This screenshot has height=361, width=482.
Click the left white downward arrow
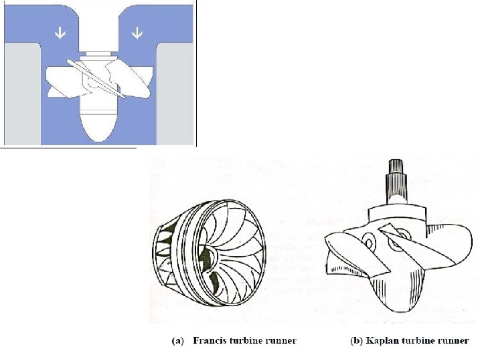(x=60, y=32)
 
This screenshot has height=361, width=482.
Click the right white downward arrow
(x=137, y=32)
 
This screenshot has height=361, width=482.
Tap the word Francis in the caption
(x=210, y=340)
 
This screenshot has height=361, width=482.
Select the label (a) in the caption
(x=177, y=341)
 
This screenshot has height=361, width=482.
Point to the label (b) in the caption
(x=357, y=341)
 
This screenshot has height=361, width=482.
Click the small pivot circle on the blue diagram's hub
(x=92, y=82)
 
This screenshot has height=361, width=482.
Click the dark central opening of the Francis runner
(x=208, y=258)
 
